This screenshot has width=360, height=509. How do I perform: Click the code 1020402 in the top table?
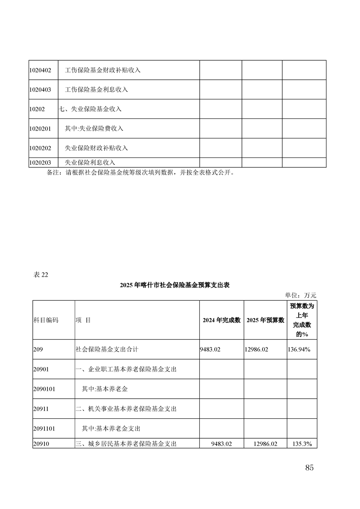pyautogui.click(x=40, y=70)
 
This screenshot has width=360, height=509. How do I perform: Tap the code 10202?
pyautogui.click(x=37, y=109)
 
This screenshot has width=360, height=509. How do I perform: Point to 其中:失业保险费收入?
pyautogui.click(x=94, y=129)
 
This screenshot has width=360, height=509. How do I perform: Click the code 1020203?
pyautogui.click(x=40, y=162)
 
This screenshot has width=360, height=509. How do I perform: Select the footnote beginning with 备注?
pyautogui.click(x=141, y=172)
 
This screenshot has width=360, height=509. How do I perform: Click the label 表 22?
pyautogui.click(x=40, y=274)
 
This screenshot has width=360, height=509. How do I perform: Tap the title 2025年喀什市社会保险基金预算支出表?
pyautogui.click(x=175, y=285)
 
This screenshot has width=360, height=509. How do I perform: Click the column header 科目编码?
pyautogui.click(x=46, y=320)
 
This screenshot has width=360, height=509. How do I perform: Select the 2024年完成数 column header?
pyautogui.click(x=221, y=320)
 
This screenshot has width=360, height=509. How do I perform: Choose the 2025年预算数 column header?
pyautogui.click(x=265, y=320)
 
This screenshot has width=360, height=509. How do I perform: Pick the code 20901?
pyautogui.click(x=41, y=369)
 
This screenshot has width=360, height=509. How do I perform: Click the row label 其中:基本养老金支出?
pyautogui.click(x=110, y=428)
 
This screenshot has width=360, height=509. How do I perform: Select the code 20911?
pyautogui.click(x=41, y=409)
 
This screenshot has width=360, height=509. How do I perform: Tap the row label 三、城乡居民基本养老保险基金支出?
pyautogui.click(x=126, y=444)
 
